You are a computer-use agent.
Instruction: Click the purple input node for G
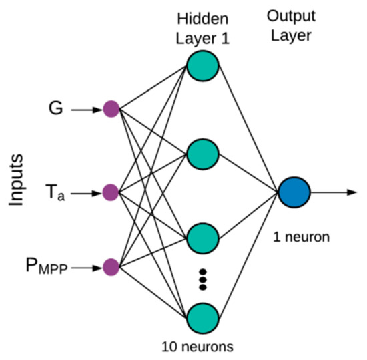click(111, 109)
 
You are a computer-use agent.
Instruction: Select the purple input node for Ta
click(111, 193)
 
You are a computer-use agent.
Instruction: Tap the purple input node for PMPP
click(111, 268)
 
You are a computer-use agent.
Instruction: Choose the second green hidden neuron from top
click(202, 153)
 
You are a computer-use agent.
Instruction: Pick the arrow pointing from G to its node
click(85, 109)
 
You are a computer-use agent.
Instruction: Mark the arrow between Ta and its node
click(85, 193)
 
